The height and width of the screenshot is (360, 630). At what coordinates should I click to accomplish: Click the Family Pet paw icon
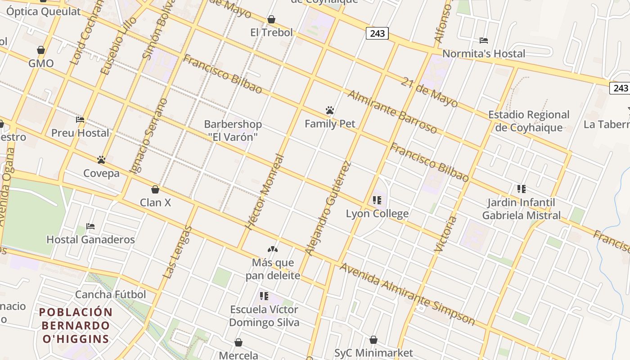[330, 110]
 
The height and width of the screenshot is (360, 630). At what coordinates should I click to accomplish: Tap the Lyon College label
[377, 213]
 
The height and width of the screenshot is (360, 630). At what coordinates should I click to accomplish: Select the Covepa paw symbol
[101, 160]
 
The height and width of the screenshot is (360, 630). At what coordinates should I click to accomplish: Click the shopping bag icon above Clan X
[155, 189]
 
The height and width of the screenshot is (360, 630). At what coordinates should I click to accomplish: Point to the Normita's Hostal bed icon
[484, 40]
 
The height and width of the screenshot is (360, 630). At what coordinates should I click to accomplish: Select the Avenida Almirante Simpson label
[407, 294]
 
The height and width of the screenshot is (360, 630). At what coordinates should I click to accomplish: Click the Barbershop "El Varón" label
[233, 130]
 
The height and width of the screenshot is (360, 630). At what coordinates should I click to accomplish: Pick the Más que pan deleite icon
[273, 249]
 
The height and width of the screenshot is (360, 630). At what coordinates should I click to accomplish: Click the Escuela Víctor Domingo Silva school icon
[264, 296]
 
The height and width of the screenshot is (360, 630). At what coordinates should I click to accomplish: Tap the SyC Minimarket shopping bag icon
[373, 340]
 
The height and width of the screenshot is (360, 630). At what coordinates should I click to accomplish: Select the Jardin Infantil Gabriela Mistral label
[522, 209]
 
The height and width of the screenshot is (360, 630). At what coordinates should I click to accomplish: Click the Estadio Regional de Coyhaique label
[529, 121]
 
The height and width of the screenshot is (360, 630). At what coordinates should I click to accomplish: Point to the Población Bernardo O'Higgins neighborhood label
[75, 325]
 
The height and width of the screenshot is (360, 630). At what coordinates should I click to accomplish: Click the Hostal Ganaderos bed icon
[90, 226]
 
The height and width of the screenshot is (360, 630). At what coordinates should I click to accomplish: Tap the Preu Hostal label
[80, 133]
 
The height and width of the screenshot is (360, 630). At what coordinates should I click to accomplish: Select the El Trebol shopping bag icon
[271, 19]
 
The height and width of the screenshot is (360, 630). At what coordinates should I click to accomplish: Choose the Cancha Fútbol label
[110, 294]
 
